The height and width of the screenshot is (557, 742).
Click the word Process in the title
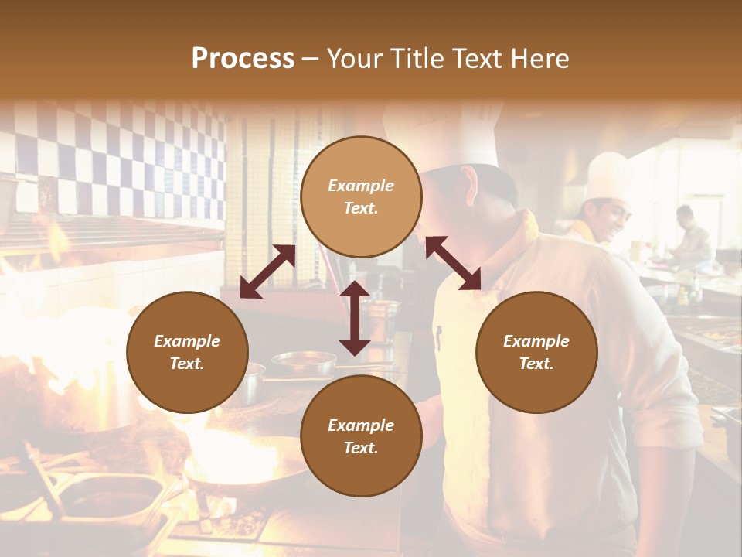pos(243,58)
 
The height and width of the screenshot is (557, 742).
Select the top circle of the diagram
pos(361,196)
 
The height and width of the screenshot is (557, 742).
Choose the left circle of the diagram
pos(187,352)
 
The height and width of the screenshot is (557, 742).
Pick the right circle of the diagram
pos(536,352)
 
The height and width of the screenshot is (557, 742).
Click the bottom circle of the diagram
pos(361,436)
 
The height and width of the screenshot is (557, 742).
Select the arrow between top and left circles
pos(267,272)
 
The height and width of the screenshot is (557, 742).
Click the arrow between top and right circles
pos(454,263)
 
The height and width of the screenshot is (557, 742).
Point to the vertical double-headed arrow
pos(355,318)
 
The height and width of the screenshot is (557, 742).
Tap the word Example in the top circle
pos(361,186)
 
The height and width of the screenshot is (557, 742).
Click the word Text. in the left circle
pos(187,364)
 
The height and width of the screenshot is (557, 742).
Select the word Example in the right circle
pos(536,341)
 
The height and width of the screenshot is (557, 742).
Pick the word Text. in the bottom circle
pos(361,448)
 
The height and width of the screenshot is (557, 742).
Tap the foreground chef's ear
pos(471,186)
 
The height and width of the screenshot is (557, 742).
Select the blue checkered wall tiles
pos(124,155)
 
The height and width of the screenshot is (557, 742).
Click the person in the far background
pos(690,236)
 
